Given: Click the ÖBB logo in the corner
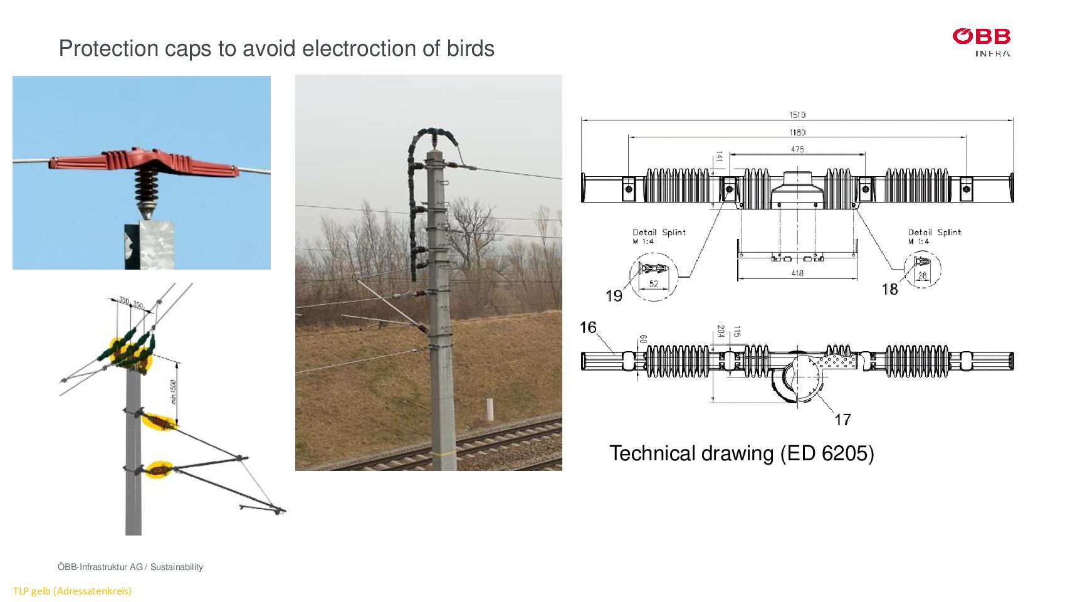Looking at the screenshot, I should click(x=981, y=41).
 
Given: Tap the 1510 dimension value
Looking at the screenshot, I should click(x=797, y=115).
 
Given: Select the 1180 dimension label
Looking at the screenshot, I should click(x=797, y=132).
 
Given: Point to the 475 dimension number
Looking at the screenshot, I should click(x=797, y=149).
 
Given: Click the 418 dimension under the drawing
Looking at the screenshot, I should click(x=797, y=273).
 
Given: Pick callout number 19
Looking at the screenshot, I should click(x=614, y=295).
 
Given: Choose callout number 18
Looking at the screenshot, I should click(x=889, y=289).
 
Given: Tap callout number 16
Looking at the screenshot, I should click(x=588, y=327).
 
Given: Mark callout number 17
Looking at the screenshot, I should click(x=842, y=420).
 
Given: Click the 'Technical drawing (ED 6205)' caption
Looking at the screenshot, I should click(x=741, y=453).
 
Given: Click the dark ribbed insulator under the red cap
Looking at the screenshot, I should click(x=146, y=186).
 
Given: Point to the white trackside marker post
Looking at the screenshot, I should click(x=489, y=409).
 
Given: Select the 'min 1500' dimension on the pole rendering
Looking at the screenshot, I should click(x=174, y=391).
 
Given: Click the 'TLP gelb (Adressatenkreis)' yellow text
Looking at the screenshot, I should click(x=72, y=591).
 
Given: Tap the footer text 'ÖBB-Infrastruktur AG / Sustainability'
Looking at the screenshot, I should click(x=130, y=567).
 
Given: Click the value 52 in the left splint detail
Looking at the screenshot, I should click(x=653, y=284).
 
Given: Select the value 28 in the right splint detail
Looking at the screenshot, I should click(x=922, y=275).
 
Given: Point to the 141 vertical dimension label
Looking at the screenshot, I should click(x=719, y=157).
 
